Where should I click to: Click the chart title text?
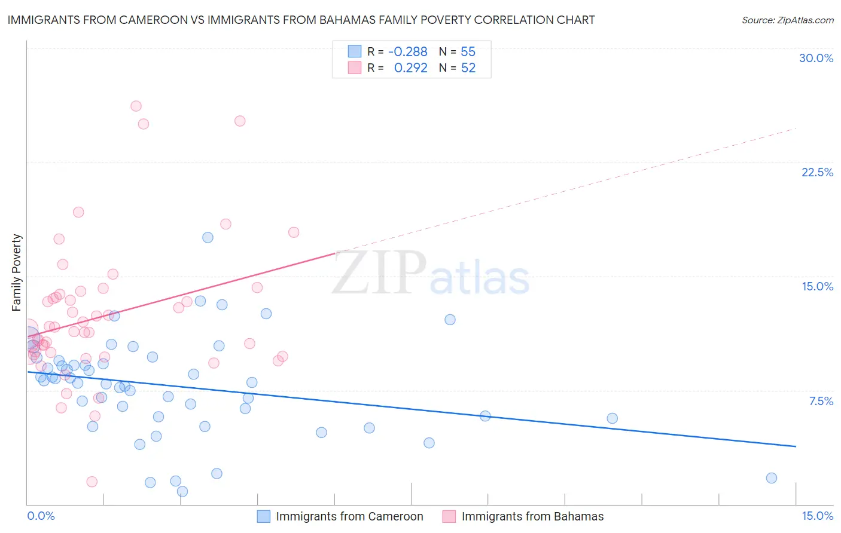(301, 20)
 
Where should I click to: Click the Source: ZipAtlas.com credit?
(787, 20)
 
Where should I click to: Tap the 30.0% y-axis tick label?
(816, 58)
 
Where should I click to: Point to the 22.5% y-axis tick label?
(817, 172)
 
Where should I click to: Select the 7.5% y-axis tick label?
(821, 401)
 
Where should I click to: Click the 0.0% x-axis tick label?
(41, 516)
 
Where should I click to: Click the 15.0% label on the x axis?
(817, 516)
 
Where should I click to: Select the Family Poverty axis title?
(17, 272)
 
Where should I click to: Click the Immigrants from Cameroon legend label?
(349, 516)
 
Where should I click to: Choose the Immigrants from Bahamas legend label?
(532, 516)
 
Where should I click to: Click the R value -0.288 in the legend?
(407, 51)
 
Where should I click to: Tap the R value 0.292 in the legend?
(410, 68)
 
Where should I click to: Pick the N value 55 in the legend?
(468, 51)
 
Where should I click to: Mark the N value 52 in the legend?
(468, 68)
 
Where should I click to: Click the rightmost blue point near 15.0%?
(771, 478)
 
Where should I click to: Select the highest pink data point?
(136, 106)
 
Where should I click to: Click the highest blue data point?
(208, 237)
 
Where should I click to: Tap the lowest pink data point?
(92, 482)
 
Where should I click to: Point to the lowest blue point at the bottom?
(182, 491)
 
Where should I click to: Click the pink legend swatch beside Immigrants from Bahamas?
(449, 516)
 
